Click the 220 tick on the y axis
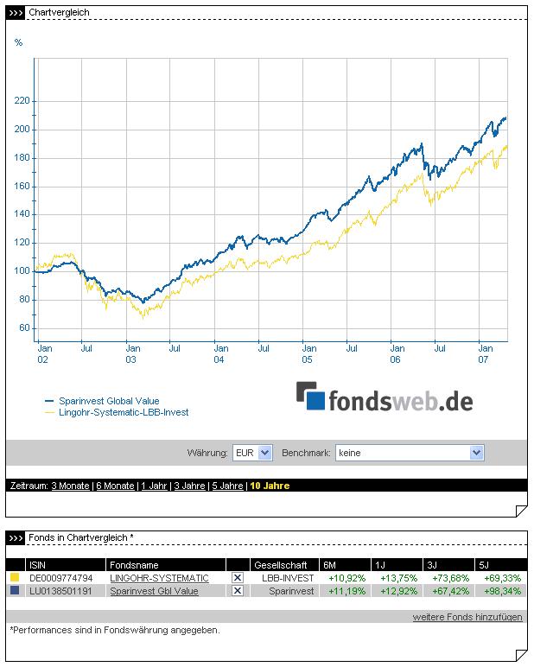click(x=22, y=101)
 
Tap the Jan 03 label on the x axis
click(x=130, y=353)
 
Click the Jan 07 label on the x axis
click(x=486, y=353)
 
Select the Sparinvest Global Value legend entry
click(x=109, y=401)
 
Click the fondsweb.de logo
click(x=385, y=399)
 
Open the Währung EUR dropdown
click(x=252, y=452)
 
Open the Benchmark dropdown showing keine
click(x=410, y=452)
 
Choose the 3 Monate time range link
click(x=70, y=486)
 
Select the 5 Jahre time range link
click(x=226, y=486)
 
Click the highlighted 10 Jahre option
click(x=270, y=486)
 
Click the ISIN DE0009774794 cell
click(x=60, y=578)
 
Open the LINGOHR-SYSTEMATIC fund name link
click(x=159, y=578)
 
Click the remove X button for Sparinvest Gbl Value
click(x=238, y=591)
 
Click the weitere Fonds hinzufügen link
click(x=467, y=617)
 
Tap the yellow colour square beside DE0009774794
click(x=15, y=578)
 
